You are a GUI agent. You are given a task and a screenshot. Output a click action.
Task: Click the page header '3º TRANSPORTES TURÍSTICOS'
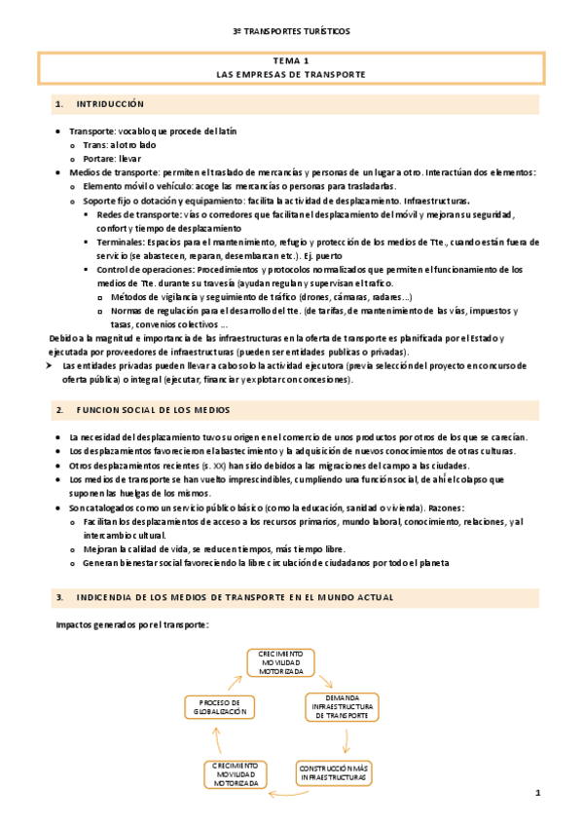(x=291, y=31)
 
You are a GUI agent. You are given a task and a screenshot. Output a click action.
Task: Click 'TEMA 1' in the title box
(x=291, y=60)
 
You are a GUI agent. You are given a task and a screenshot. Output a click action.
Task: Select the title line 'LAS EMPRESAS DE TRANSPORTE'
(x=291, y=74)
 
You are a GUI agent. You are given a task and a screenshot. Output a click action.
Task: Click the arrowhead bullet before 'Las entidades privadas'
(x=53, y=365)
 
